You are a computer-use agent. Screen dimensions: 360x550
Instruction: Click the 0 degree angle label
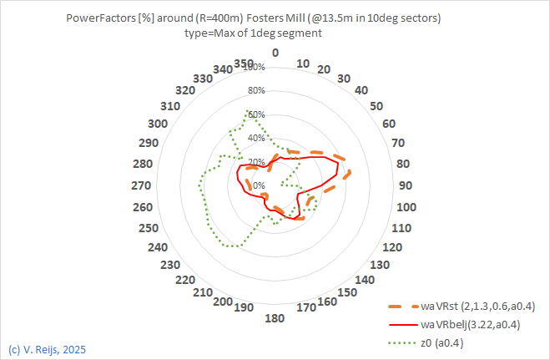276,52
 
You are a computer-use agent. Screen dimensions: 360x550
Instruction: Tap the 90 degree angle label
406,185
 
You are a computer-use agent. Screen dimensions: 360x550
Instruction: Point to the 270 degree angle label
142,185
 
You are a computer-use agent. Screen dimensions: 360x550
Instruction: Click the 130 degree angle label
379,265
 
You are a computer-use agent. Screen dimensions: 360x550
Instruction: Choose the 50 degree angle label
376,106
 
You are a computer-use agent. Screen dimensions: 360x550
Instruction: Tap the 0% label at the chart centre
259,185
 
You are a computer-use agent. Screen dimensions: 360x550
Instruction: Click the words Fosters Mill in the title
280,17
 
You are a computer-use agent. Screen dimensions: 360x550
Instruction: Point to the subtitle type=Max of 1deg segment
253,33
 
